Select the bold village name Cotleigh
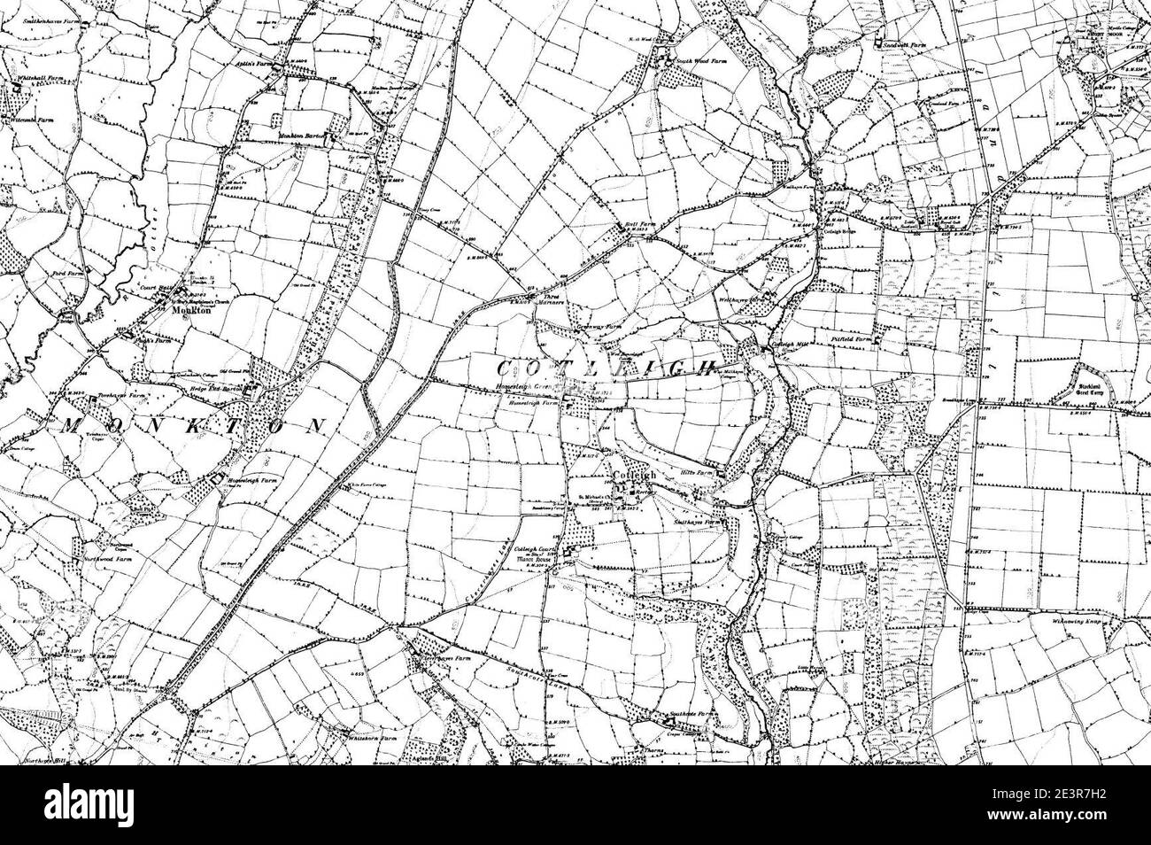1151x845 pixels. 632,476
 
